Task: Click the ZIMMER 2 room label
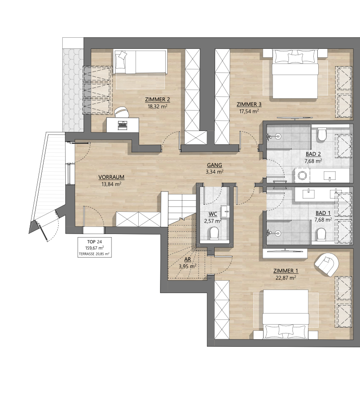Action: pos(157,99)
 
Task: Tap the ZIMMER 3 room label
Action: pos(249,104)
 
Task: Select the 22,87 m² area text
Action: pos(286,278)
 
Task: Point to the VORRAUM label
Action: pos(112,177)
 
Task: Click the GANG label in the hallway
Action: pos(215,165)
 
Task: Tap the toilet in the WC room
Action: pos(214,233)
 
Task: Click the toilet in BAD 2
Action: pos(321,134)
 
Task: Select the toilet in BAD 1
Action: pos(321,234)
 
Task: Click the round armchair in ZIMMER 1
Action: pos(326,265)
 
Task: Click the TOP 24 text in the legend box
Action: pos(95,242)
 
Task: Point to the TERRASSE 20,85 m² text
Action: pos(94,254)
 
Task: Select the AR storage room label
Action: pos(188,260)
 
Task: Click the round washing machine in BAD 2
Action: pos(302,175)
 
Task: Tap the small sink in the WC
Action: pos(225,212)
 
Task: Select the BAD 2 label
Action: pos(313,154)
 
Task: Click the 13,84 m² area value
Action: pos(112,184)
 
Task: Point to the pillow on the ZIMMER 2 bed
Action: pos(121,56)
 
